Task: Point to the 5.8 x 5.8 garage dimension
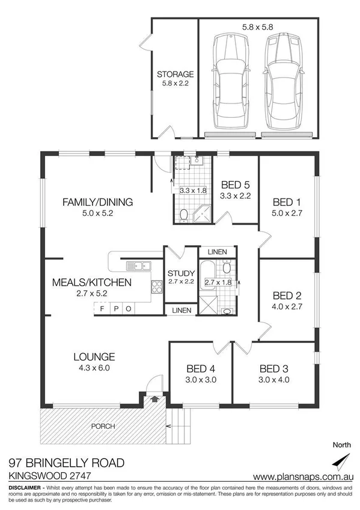click(x=258, y=27)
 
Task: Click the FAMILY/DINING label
click(x=97, y=201)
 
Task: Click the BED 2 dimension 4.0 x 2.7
click(x=287, y=306)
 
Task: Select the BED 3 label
click(x=273, y=368)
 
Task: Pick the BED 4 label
click(x=201, y=368)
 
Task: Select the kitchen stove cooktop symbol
click(x=157, y=287)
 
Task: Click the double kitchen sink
click(x=139, y=265)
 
